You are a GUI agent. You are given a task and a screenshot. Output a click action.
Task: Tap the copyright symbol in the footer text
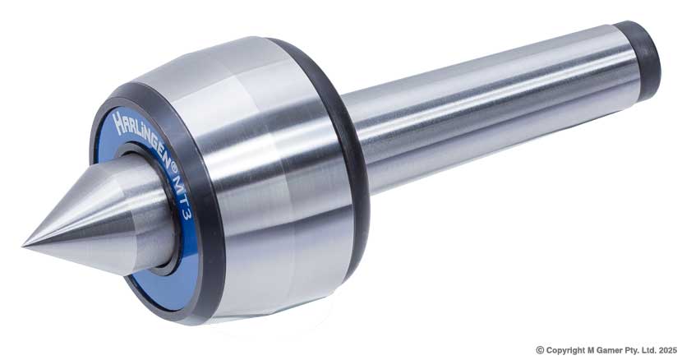(x=540, y=349)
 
